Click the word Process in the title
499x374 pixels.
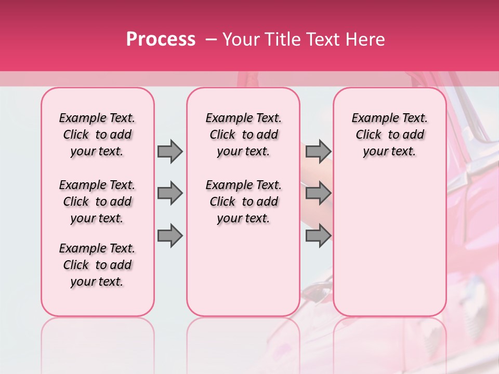click(161, 39)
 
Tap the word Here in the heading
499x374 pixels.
click(365, 39)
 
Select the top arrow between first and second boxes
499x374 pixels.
click(169, 151)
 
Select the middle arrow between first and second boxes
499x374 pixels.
click(169, 193)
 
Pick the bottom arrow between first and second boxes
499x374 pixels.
click(169, 236)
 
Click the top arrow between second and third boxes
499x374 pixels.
click(318, 151)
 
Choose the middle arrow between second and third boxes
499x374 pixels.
click(318, 193)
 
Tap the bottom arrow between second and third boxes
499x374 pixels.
click(318, 236)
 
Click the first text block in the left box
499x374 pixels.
click(97, 135)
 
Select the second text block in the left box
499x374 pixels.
click(97, 202)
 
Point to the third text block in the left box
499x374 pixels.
click(97, 265)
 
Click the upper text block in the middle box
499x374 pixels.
click(243, 135)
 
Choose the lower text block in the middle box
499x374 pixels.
click(243, 202)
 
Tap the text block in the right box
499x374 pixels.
click(389, 135)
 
